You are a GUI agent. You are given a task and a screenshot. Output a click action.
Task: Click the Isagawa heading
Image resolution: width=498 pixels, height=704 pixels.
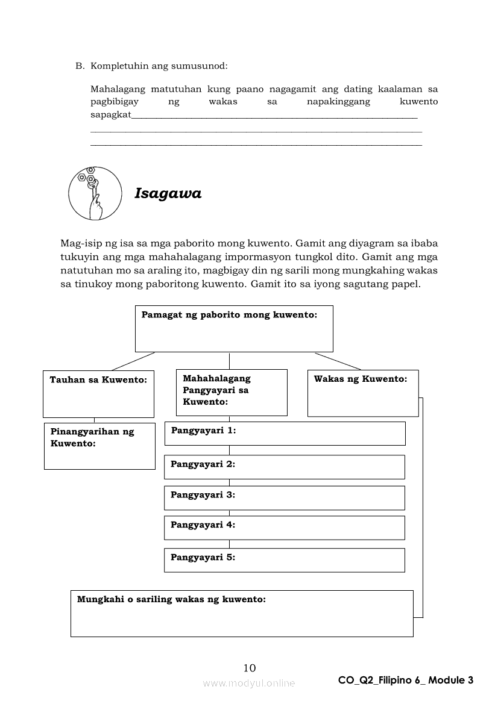tap(168, 194)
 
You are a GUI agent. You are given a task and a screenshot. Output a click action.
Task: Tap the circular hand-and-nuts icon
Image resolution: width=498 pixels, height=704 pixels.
tap(92, 193)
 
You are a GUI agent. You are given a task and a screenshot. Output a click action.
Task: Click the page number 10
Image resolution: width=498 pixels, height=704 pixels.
tap(250, 667)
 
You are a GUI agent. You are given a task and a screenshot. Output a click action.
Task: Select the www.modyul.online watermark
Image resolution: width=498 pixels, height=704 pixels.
tap(249, 683)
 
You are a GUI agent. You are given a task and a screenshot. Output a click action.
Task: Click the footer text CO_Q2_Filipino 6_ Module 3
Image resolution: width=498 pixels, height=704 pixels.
tap(406, 681)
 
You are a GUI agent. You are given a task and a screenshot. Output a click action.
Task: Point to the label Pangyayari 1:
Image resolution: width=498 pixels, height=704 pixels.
tap(203, 431)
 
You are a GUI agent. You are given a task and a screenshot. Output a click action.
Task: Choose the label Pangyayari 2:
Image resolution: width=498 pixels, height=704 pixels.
tap(203, 464)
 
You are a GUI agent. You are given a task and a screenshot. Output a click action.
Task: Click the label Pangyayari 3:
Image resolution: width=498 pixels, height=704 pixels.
tap(203, 495)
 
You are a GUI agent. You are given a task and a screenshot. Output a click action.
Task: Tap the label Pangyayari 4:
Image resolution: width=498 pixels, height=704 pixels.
tap(203, 525)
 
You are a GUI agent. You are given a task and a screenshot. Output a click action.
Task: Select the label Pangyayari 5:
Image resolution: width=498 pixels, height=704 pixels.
tap(203, 558)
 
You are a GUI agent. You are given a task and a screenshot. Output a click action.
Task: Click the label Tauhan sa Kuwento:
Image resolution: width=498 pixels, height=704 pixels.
tap(98, 380)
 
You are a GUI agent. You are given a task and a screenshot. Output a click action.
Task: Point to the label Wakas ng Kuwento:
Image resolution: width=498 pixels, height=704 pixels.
tap(361, 379)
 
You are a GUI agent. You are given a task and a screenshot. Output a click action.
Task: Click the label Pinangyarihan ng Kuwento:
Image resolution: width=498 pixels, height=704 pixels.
tap(92, 438)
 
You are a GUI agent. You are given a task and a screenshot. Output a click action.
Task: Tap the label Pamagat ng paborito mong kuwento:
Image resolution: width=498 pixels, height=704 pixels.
tap(229, 315)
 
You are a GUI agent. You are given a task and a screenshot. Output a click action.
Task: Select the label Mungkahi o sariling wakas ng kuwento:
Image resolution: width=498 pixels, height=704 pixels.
tap(171, 600)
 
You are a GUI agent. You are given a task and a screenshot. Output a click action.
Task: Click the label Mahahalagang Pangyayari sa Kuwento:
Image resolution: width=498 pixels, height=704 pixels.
tap(216, 390)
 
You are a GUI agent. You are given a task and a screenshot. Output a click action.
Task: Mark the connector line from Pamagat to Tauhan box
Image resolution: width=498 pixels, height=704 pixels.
tap(133, 361)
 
